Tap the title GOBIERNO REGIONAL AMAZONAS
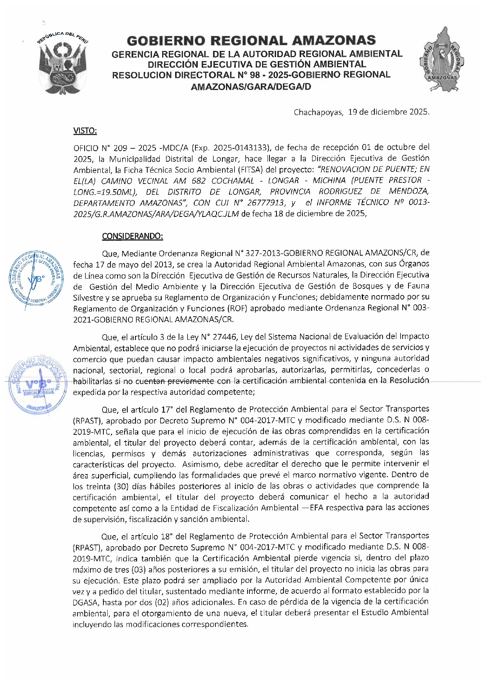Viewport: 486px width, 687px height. [x=251, y=40]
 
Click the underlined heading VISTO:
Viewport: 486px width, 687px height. [x=85, y=131]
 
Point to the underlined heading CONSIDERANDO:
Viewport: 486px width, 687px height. [x=132, y=236]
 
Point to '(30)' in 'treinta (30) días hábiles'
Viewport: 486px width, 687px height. [x=122, y=486]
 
